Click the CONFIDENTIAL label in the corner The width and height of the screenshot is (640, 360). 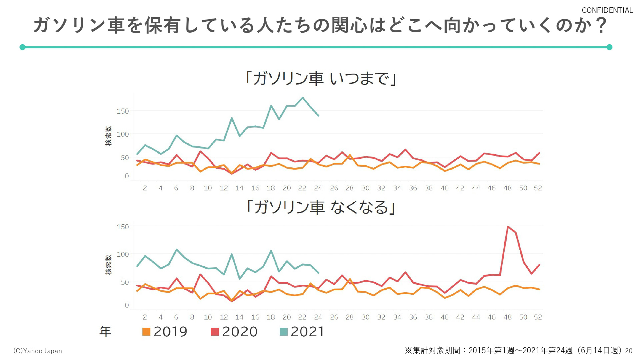607,10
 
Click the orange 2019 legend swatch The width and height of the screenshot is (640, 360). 146,332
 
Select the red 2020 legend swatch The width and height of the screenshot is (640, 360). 215,332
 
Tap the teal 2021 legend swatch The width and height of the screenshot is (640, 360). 284,332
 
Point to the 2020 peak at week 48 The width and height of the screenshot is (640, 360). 508,227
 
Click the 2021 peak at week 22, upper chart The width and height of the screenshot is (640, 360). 303,98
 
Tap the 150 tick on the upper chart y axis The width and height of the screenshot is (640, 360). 122,111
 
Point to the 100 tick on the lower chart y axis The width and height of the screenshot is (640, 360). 122,254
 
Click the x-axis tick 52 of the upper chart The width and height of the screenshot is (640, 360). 538,188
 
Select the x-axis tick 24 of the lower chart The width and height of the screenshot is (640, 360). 318,317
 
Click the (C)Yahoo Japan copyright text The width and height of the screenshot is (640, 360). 37,351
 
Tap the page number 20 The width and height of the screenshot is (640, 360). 628,351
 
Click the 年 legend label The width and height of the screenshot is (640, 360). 105,332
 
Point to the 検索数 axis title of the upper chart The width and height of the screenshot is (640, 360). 109,136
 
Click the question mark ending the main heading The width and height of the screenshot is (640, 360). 601,25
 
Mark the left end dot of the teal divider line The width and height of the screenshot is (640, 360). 22,47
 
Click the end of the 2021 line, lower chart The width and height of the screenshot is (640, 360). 319,273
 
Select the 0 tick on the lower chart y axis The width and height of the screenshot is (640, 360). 127,305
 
